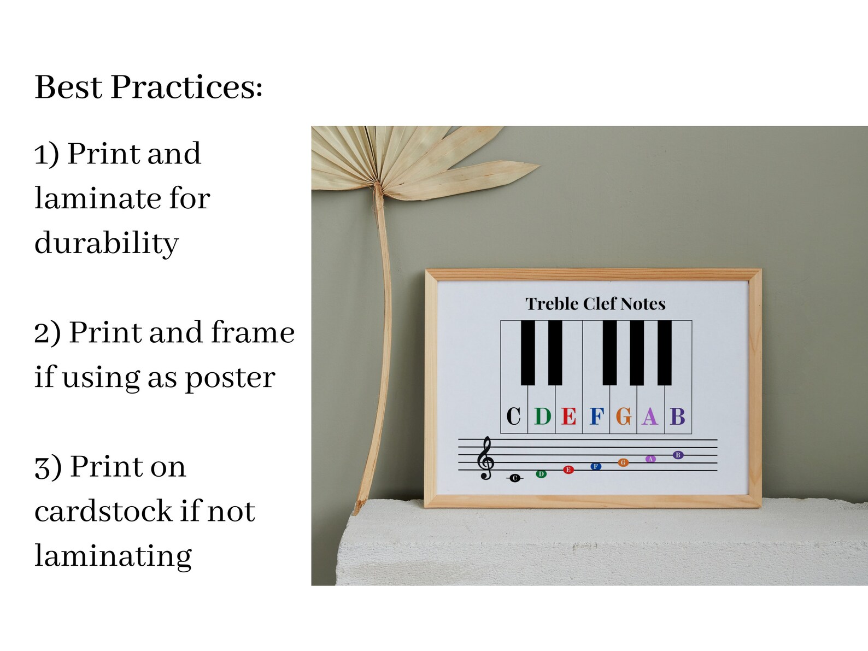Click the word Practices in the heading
pyautogui.click(x=186, y=87)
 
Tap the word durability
pyautogui.click(x=107, y=243)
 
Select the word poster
pyautogui.click(x=230, y=378)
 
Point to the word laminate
pyautogui.click(x=98, y=198)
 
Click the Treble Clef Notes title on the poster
pyautogui.click(x=595, y=304)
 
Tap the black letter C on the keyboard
pyautogui.click(x=514, y=417)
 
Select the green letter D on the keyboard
pyautogui.click(x=542, y=417)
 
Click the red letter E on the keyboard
pyautogui.click(x=568, y=417)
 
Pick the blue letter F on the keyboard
pyautogui.click(x=596, y=417)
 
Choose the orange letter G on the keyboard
pyautogui.click(x=624, y=417)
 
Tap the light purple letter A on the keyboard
pyautogui.click(x=650, y=417)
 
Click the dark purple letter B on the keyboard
pyautogui.click(x=678, y=417)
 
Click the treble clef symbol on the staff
pyautogui.click(x=485, y=459)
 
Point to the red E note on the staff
pyautogui.click(x=568, y=470)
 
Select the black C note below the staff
pyautogui.click(x=514, y=478)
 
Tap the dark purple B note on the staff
pyautogui.click(x=678, y=455)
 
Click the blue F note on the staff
pyautogui.click(x=596, y=466)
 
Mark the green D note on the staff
pyautogui.click(x=541, y=474)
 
